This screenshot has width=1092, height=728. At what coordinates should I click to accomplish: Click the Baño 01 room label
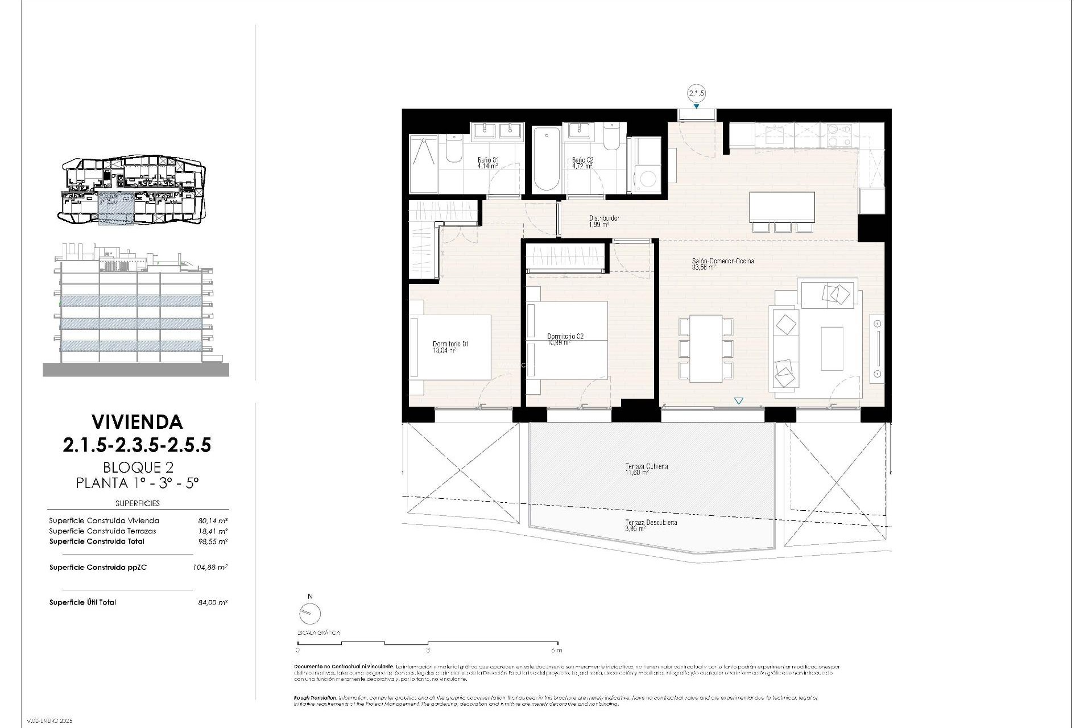pos(487,163)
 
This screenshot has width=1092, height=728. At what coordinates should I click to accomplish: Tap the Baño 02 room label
pos(582,163)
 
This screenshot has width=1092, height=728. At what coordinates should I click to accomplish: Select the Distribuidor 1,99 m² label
pos(603,221)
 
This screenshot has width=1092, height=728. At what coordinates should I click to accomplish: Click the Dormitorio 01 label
pos(450,347)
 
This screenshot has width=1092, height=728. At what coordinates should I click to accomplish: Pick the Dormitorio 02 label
pos(565,339)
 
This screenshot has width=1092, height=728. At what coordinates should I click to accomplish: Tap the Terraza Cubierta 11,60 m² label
pos(646,469)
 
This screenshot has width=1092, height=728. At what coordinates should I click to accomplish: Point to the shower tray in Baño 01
pos(424,164)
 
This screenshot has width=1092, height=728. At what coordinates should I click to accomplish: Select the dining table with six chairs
pos(705,348)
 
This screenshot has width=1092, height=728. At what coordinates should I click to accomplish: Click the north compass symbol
pos(310,613)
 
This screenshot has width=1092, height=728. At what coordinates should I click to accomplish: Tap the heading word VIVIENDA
pos(137,421)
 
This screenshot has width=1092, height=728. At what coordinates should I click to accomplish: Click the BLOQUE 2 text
pos(138,468)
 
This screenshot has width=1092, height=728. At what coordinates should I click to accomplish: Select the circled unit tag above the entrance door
pos(696,93)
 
